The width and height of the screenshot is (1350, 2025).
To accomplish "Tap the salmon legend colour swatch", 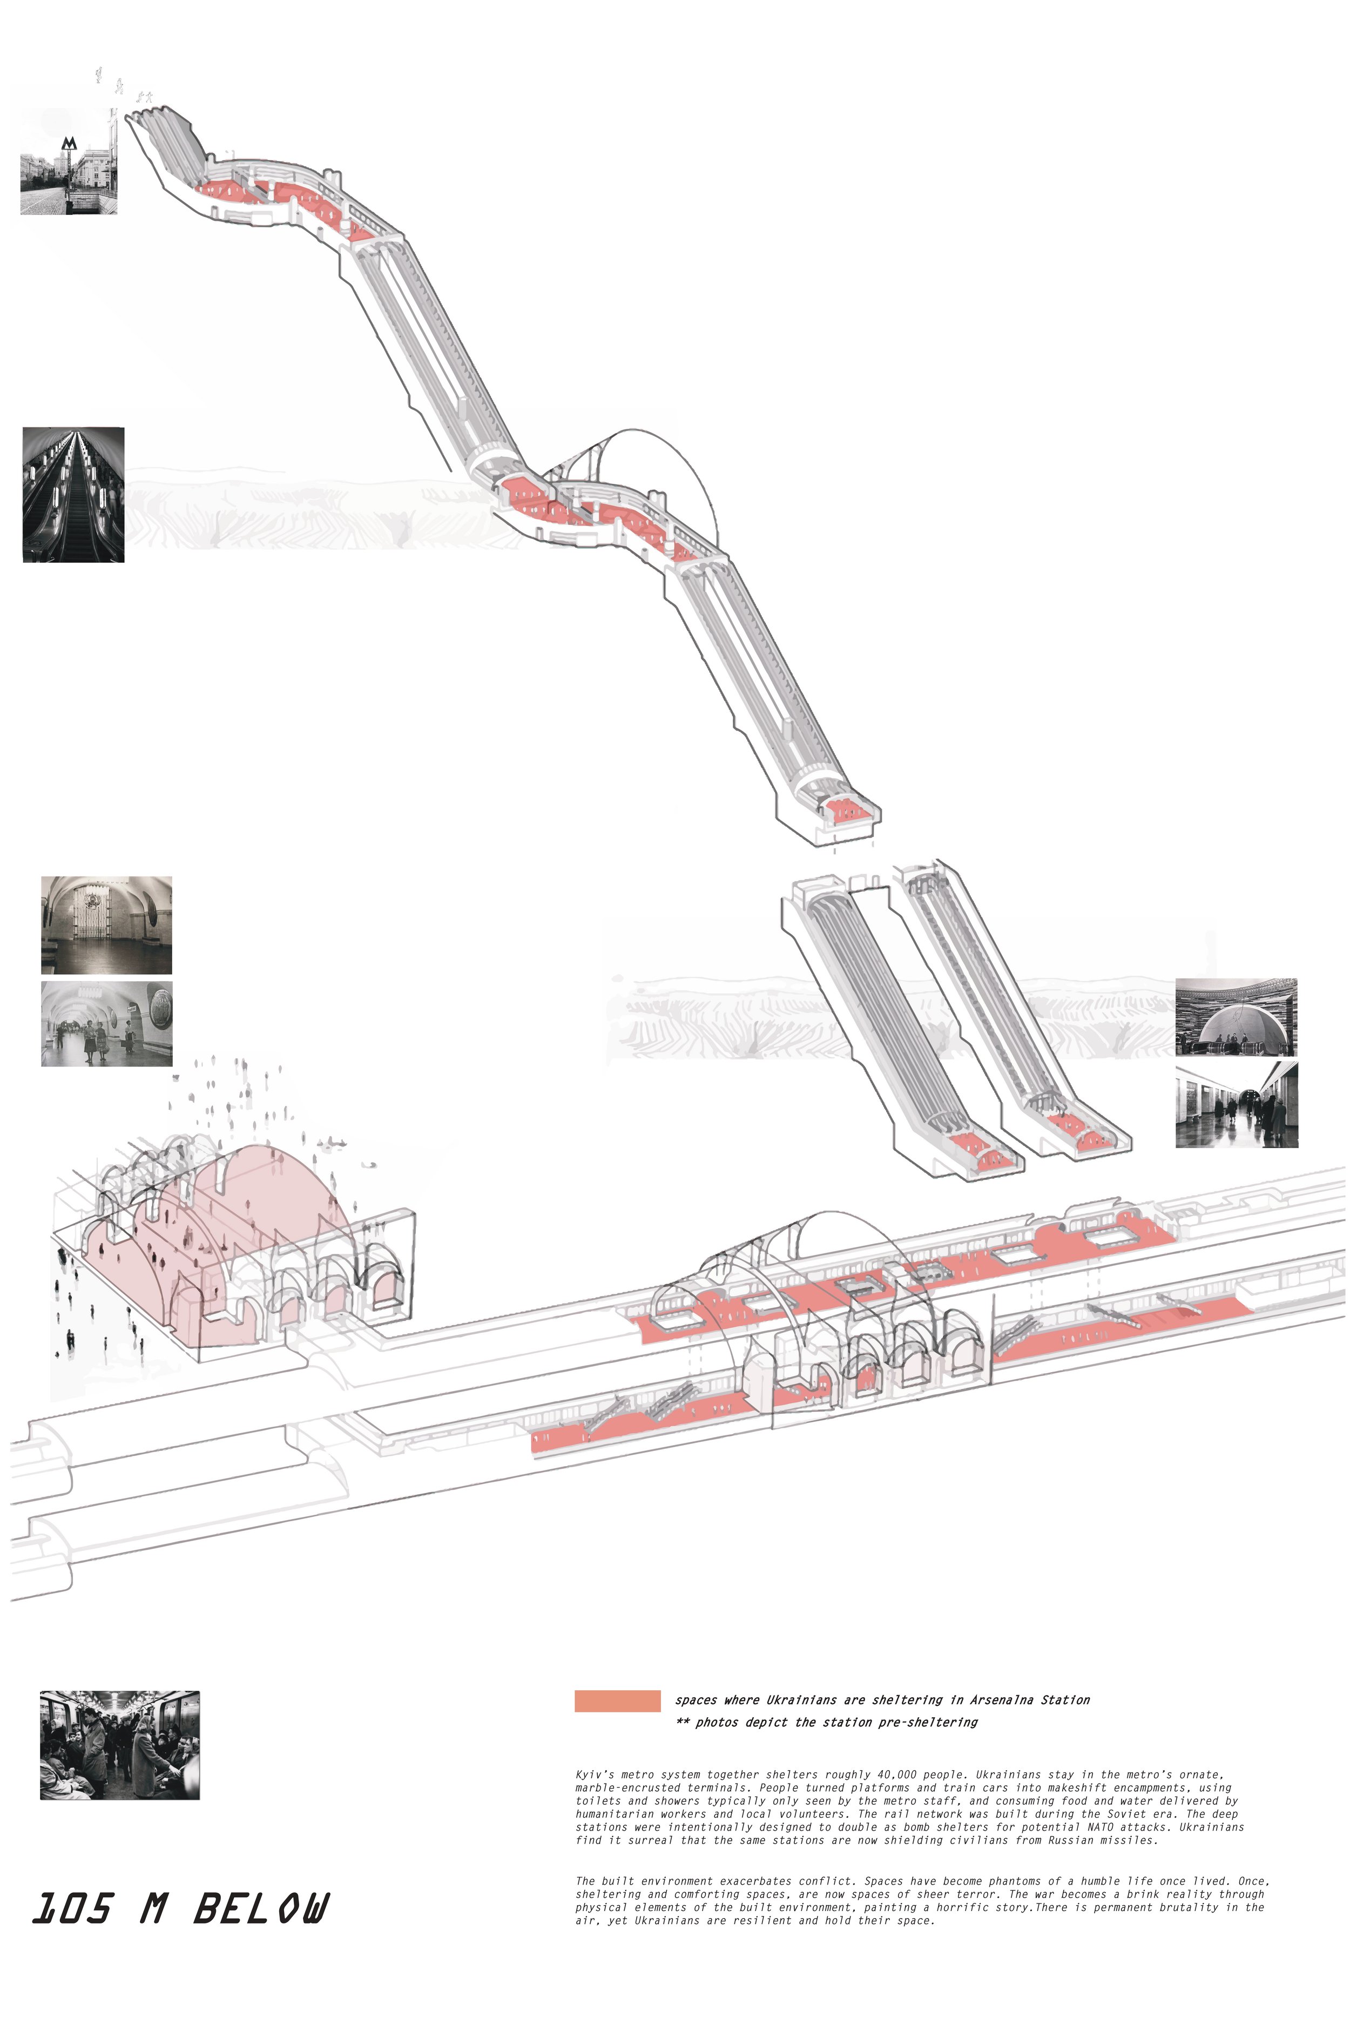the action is coord(617,1700).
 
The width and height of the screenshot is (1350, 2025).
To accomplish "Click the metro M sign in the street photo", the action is coord(70,144).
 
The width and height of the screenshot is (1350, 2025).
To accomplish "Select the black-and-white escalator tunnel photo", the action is coord(73,495).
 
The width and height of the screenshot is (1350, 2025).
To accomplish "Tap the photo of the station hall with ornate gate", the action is coord(107,924).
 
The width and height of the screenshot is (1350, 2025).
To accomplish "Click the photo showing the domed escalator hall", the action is coord(1237,1017).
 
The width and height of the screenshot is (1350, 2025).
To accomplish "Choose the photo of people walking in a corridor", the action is coord(1237,1105).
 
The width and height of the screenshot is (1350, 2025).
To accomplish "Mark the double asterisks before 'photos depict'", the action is coord(683,1722).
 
